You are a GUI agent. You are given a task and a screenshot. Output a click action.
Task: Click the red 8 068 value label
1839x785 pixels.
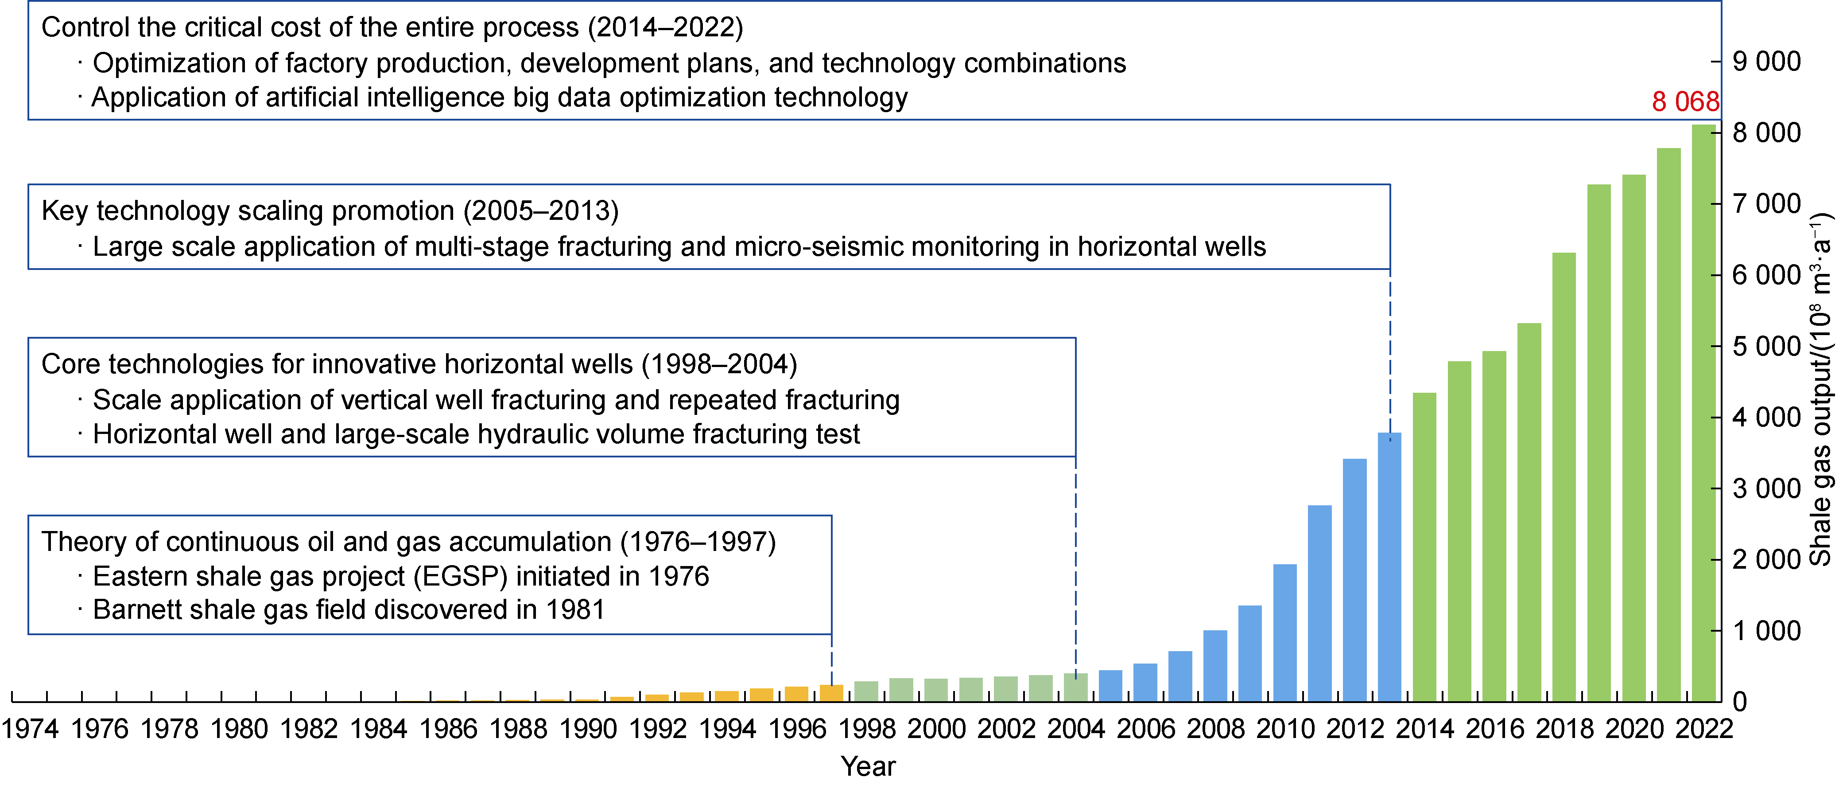[x=1685, y=102]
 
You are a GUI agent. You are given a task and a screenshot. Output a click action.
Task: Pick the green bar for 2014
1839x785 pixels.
[x=1424, y=547]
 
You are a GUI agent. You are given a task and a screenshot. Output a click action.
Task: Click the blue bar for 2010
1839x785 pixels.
[x=1284, y=632]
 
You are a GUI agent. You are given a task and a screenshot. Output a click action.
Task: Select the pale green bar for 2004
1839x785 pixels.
[x=1075, y=687]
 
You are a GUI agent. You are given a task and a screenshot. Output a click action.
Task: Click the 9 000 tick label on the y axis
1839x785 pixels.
[x=1766, y=62]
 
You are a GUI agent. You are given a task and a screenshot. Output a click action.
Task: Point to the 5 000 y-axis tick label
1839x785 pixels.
[x=1766, y=347]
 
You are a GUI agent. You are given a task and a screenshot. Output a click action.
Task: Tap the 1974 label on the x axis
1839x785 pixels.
[x=30, y=729]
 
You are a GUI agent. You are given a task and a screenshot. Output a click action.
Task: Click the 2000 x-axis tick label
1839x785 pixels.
[x=936, y=729]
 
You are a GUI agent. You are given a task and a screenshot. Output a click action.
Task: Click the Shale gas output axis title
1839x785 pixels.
[x=1820, y=389]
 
